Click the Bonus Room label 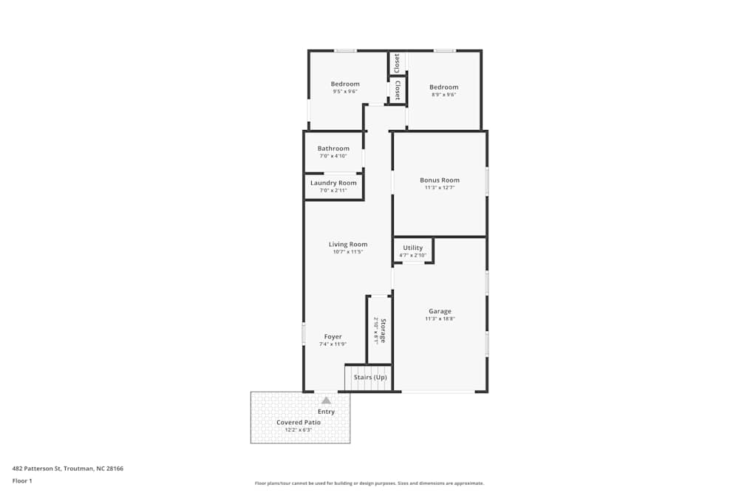440,180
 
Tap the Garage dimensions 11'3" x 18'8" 440,319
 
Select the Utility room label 413,248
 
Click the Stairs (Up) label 370,378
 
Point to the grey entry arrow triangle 326,400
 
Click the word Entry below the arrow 326,412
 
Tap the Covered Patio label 299,422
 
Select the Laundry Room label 333,183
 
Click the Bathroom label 333,148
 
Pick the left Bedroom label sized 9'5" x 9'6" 345,84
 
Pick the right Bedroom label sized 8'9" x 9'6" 444,87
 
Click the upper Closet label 397,63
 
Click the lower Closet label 397,90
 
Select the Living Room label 348,244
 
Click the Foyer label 333,336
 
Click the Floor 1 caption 22,480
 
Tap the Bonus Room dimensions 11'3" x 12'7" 440,188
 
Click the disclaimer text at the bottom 369,483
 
